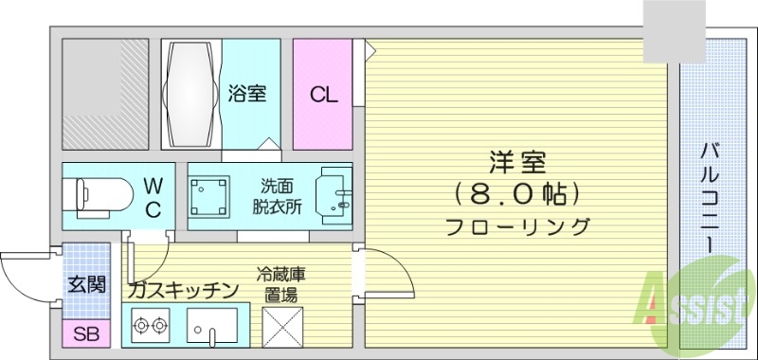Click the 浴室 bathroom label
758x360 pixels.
coord(247,94)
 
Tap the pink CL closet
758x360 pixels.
coord(322,94)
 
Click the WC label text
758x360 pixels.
coord(153,195)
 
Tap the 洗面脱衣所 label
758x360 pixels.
coord(278,195)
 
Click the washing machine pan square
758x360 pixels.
coord(211,194)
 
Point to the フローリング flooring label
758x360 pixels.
coord(516,227)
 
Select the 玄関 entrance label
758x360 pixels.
coord(86,284)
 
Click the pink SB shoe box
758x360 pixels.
coord(85,333)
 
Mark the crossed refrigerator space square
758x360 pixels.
coord(279,327)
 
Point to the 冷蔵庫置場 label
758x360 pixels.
coord(280,284)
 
